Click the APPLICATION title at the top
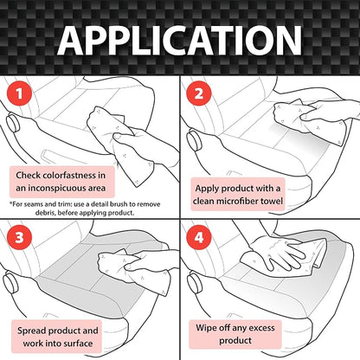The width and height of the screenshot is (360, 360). (179, 41)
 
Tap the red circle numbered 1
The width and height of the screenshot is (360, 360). (19, 93)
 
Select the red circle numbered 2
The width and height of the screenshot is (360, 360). (199, 93)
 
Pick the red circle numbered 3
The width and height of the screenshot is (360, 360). (19, 237)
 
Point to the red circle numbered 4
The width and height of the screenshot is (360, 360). (199, 237)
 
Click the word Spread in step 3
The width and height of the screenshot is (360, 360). (31, 331)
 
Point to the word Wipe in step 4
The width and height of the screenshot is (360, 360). (206, 328)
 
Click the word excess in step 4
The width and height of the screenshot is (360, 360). (261, 328)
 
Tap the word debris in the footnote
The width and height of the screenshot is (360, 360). (45, 213)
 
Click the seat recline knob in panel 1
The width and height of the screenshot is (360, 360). (13, 124)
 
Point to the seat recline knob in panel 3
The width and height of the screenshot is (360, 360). (11, 282)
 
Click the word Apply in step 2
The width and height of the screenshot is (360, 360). (205, 189)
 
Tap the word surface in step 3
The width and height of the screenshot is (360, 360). (78, 344)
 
